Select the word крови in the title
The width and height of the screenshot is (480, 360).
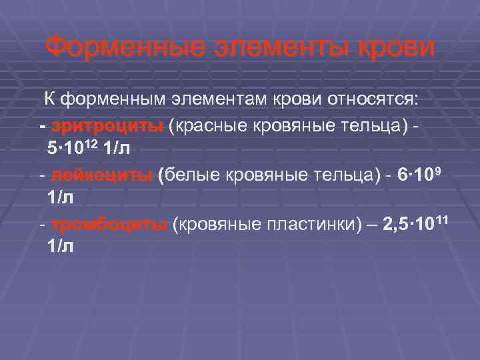point(390,47)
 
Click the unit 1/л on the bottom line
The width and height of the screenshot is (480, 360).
point(61,247)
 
